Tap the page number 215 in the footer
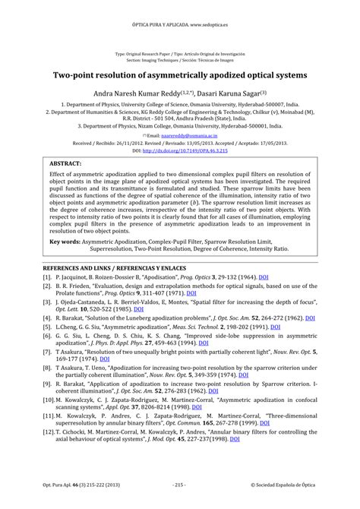pyautogui.click(x=180, y=484)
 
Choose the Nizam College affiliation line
pyautogui.click(x=179, y=125)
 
